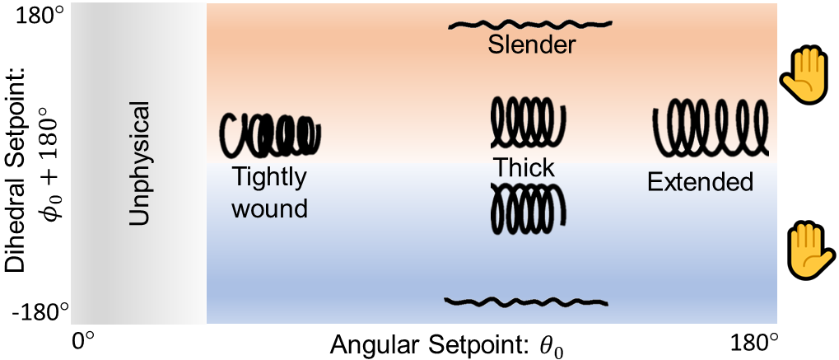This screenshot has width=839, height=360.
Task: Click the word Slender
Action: click(531, 45)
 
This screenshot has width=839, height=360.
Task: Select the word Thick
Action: click(524, 168)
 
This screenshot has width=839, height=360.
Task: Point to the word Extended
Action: click(700, 181)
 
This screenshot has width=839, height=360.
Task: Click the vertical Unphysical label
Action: click(140, 164)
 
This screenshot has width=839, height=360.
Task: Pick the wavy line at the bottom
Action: click(526, 301)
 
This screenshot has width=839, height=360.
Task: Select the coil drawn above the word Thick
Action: click(527, 121)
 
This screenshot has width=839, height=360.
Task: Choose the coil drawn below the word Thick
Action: click(527, 207)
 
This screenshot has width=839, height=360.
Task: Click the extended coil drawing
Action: click(711, 128)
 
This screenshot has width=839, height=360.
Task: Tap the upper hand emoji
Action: click(802, 77)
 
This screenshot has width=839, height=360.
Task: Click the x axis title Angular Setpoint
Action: click(428, 345)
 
